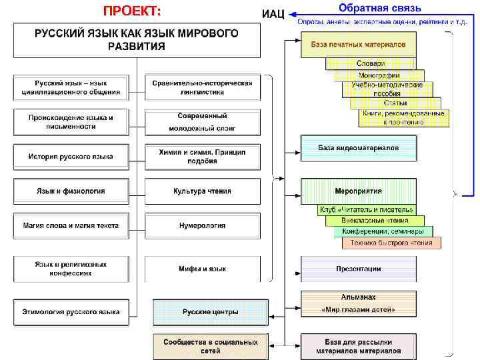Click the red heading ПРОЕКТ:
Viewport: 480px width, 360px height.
(x=131, y=11)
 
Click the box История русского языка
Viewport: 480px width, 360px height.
(x=71, y=157)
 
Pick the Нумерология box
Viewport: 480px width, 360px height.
(x=202, y=226)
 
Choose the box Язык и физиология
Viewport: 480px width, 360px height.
(x=71, y=191)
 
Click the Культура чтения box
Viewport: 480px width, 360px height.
(x=202, y=191)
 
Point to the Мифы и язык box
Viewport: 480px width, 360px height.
(x=202, y=269)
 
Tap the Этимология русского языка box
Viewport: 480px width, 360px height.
(x=71, y=311)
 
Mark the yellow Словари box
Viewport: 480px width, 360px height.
(x=371, y=63)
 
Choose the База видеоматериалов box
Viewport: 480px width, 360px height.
(x=358, y=148)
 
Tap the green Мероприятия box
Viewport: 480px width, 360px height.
(x=358, y=191)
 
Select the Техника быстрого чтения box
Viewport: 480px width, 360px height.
(x=391, y=243)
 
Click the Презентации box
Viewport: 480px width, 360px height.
(x=358, y=269)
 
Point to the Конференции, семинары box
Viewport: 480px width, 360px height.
(x=383, y=231)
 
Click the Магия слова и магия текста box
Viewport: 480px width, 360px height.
(x=71, y=226)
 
